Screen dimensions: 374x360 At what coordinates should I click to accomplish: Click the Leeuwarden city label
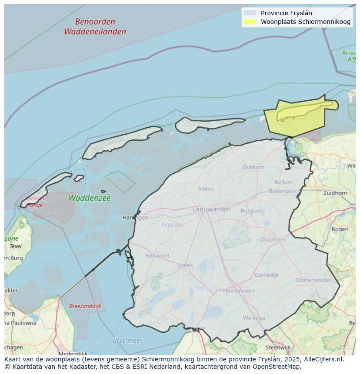[211, 209]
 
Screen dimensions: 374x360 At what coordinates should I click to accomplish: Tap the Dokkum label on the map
[253, 167]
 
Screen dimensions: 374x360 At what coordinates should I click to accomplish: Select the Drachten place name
[273, 239]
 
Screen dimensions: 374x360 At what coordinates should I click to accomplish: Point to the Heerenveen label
[239, 291]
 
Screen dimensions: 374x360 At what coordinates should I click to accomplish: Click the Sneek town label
[185, 265]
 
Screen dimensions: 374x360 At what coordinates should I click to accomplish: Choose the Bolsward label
[157, 255]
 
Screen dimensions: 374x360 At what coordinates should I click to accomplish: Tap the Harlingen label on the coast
[135, 218]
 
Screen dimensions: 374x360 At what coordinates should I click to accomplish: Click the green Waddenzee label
[90, 198]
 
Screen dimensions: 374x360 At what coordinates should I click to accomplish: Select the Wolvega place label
[254, 318]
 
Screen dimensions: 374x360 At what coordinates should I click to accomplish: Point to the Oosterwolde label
[312, 280]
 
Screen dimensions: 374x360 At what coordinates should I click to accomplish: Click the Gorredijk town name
[267, 275]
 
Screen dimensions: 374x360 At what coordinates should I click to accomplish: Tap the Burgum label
[251, 211]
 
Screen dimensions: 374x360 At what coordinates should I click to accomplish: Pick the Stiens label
[206, 189]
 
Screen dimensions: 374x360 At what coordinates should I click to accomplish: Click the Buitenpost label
[283, 191]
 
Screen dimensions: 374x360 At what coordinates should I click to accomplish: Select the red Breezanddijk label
[85, 306]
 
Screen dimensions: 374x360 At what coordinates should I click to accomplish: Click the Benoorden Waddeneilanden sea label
[95, 26]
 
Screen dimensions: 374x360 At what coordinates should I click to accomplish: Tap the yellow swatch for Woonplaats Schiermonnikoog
[250, 22]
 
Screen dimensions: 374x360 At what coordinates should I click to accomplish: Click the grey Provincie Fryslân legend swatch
[250, 13]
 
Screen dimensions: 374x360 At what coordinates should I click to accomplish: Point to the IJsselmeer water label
[127, 341]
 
